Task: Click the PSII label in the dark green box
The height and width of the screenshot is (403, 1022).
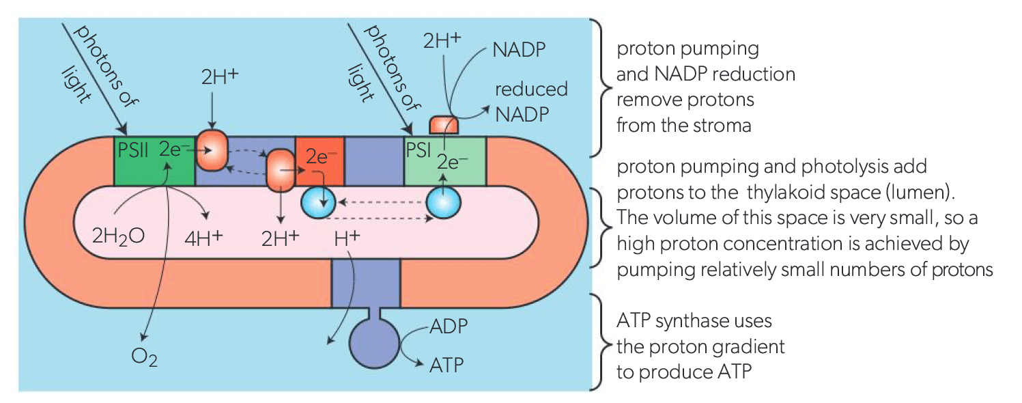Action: pyautogui.click(x=133, y=149)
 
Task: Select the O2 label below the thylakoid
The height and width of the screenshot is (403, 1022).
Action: pyautogui.click(x=145, y=357)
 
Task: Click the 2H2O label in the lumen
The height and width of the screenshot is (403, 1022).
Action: pyautogui.click(x=118, y=239)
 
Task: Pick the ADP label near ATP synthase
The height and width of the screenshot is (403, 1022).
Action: pyautogui.click(x=449, y=326)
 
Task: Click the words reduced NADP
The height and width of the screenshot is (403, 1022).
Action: pyautogui.click(x=522, y=102)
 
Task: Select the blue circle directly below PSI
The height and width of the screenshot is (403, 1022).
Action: pyautogui.click(x=444, y=203)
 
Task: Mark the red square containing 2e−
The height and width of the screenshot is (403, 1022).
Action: pyautogui.click(x=319, y=161)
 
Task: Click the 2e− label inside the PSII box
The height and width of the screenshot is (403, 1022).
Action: pyautogui.click(x=171, y=149)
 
